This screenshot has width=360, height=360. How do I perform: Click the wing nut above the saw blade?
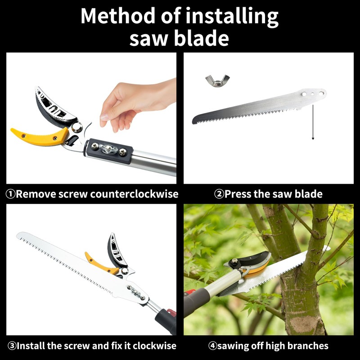(x=215, y=81)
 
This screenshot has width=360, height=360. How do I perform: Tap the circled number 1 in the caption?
(x=10, y=194)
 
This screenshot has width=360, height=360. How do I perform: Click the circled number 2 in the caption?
(x=219, y=194)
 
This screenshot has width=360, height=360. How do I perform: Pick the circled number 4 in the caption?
(x=213, y=346)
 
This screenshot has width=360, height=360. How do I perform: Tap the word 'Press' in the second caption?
(x=238, y=194)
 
